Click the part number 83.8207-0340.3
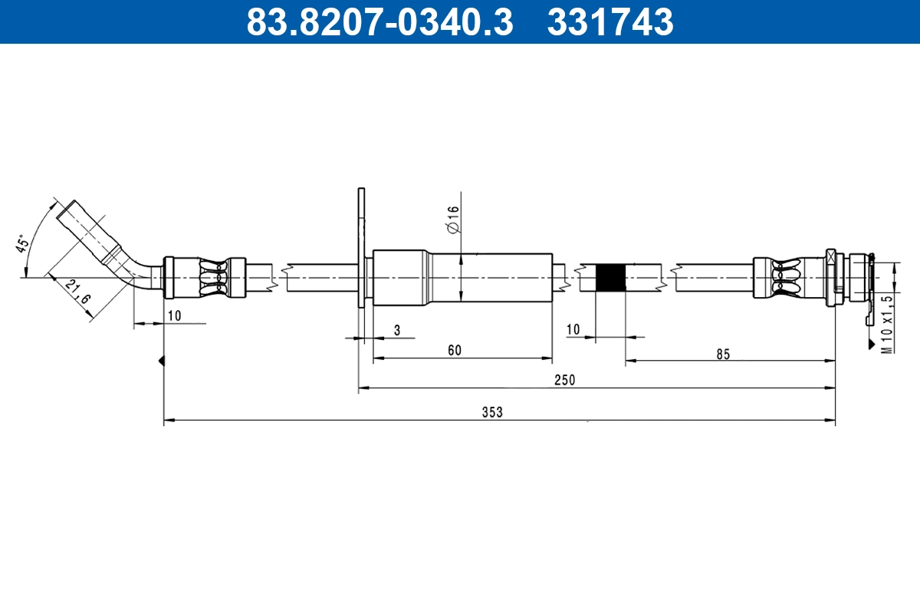379,22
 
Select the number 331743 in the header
610,22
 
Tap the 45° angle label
23,244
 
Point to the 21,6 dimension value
76,292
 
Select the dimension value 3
396,330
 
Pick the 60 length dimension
455,351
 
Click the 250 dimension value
565,380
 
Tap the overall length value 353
491,412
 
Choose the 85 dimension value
723,354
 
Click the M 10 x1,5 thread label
887,322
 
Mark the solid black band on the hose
610,277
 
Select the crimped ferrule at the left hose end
205,277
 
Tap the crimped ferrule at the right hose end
790,277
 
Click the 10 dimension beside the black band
573,330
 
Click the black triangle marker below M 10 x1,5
871,345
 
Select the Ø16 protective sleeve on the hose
462,277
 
